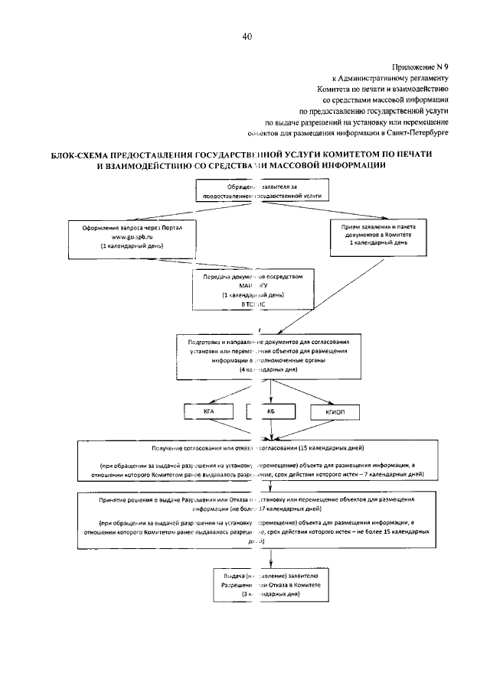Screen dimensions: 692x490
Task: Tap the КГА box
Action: (208, 412)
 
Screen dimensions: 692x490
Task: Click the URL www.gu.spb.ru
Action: (132, 239)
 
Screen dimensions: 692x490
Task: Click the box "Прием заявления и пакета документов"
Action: (377, 237)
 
